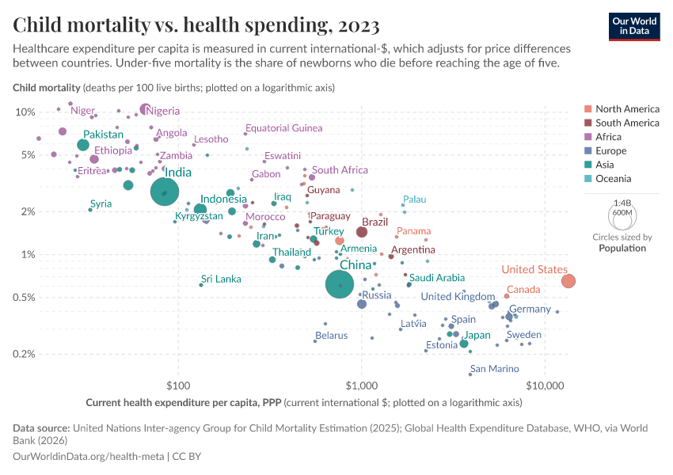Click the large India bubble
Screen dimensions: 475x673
pos(165,192)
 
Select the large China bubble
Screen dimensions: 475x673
pos(340,285)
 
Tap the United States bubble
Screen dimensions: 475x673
pos(568,281)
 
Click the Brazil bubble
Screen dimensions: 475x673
pos(362,232)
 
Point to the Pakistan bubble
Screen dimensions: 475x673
pos(83,145)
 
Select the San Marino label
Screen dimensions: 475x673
pos(494,369)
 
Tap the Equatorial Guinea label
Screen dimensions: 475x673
pos(283,128)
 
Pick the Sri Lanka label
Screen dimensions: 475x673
pos(221,279)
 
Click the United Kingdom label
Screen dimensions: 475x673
pos(458,297)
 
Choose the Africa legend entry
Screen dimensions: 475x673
pos(610,137)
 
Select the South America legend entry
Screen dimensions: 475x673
pos(626,123)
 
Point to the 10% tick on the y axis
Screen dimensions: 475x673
pos(25,112)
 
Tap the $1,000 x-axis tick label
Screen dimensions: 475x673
pos(362,386)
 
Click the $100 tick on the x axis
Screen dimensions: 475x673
pos(178,386)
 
